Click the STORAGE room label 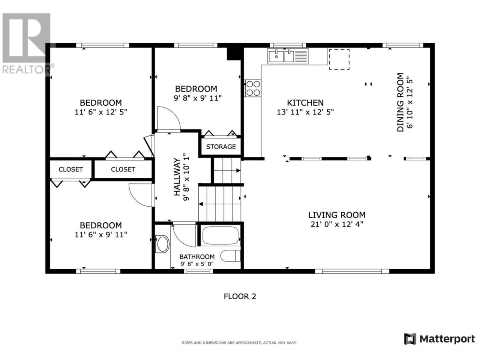[x=221, y=147]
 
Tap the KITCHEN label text [x=305, y=103]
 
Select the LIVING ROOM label [x=337, y=215]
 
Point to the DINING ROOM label [x=400, y=102]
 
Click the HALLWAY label [x=177, y=177]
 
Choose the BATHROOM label [x=197, y=256]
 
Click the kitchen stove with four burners [x=253, y=88]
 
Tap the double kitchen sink [x=288, y=56]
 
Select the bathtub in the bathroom [x=220, y=235]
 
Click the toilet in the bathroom [x=231, y=256]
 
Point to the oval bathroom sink [x=162, y=244]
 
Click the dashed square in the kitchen [x=339, y=60]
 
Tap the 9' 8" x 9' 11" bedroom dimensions [x=198, y=98]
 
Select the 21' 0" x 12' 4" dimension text [x=337, y=225]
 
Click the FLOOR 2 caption [x=240, y=297]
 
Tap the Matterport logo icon [x=410, y=339]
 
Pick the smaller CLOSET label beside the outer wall [x=70, y=169]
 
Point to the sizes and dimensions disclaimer [x=239, y=343]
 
